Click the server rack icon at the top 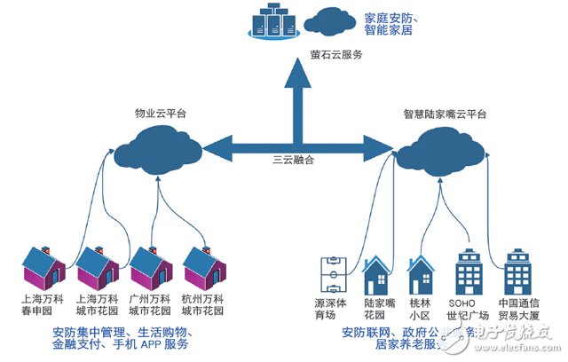point(273,22)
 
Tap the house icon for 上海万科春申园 point(43,266)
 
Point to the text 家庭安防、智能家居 point(396,23)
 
